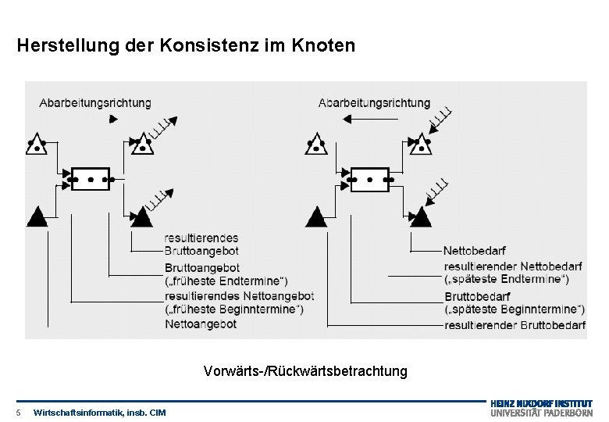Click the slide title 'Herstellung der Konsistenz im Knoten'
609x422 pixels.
pos(185,46)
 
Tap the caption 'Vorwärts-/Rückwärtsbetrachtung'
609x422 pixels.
pos(305,370)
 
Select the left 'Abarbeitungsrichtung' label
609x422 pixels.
pos(95,102)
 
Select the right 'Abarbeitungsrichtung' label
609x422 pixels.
pos(374,102)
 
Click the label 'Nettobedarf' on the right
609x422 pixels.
pos(474,251)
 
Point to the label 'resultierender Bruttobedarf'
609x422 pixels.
pos(515,324)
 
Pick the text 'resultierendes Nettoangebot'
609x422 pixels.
pos(239,295)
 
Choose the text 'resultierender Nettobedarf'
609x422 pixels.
pos(512,266)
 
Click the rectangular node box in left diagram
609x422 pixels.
pos(90,179)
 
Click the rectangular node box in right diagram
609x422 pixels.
pos(369,179)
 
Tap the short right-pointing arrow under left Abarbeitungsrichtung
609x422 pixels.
pos(113,119)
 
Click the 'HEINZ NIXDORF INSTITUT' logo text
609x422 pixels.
pos(541,403)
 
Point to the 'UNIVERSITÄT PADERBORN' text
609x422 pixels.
pos(541,413)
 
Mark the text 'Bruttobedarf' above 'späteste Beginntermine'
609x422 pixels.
pos(477,296)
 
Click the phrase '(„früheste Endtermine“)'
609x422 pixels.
pos(226,281)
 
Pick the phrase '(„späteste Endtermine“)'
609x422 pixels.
pos(506,279)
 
